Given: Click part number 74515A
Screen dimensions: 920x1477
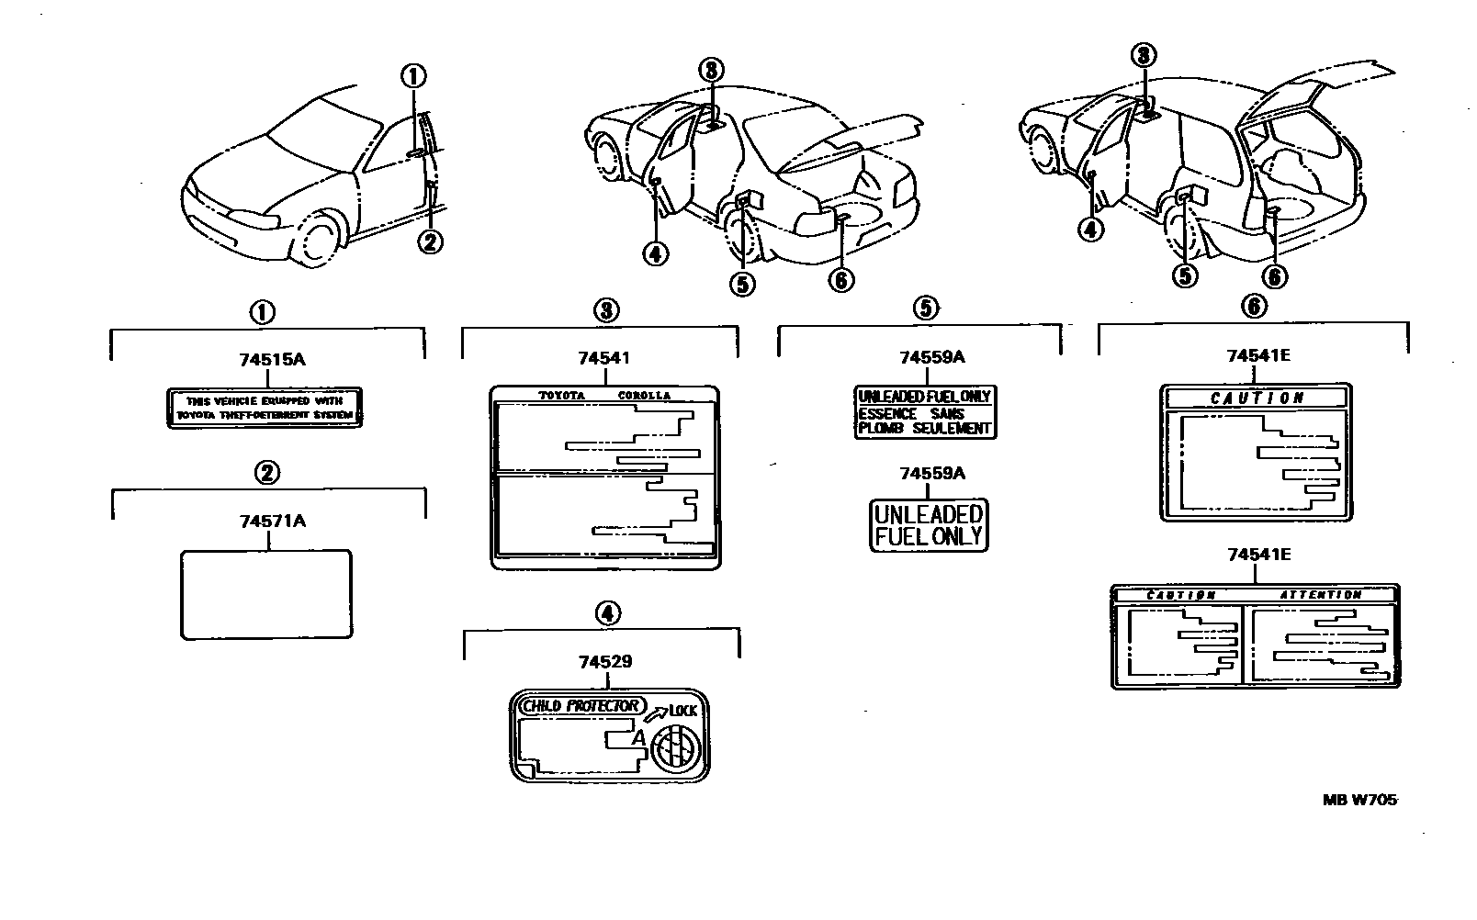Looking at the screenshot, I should click(x=271, y=360).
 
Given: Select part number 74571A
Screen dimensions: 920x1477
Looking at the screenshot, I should click(x=272, y=522).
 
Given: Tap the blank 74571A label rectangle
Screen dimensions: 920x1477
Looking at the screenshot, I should click(x=266, y=594).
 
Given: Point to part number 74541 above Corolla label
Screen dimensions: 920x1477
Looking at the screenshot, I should click(x=603, y=358).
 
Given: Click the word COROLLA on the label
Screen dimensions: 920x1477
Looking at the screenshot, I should click(x=643, y=396).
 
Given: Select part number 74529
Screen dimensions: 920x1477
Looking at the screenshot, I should click(x=604, y=661).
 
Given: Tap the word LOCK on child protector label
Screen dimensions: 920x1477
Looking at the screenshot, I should click(x=683, y=711).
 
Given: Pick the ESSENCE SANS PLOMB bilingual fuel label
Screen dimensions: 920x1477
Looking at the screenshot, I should click(x=925, y=412).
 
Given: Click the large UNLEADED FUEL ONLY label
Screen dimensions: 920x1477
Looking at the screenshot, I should click(x=929, y=525).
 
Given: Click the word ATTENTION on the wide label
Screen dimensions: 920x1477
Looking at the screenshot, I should click(x=1320, y=595).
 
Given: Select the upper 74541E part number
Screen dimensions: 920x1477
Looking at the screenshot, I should click(x=1257, y=356).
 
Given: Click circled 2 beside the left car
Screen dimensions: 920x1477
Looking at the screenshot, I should click(x=430, y=241).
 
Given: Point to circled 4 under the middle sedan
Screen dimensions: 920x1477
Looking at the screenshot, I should click(x=655, y=252).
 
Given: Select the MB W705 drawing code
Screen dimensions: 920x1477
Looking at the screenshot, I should click(x=1359, y=800).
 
